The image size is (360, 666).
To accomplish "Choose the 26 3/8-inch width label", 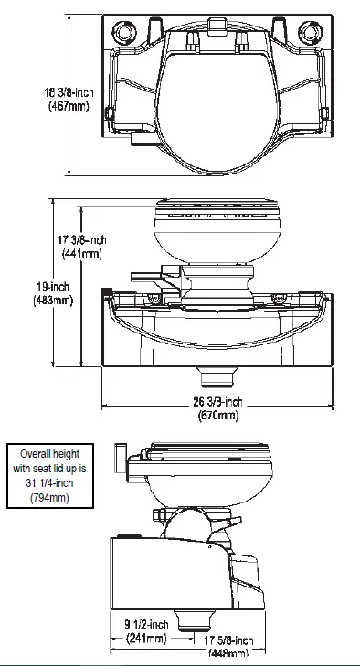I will pos(217,403).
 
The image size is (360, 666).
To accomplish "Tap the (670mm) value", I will pos(217,416).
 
